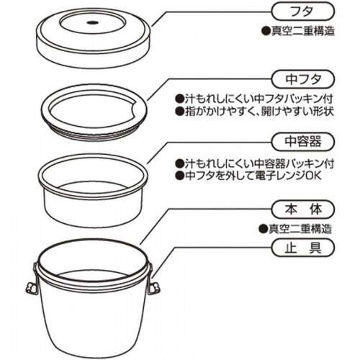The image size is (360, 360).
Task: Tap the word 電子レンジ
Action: pyautogui.click(x=287, y=177)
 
